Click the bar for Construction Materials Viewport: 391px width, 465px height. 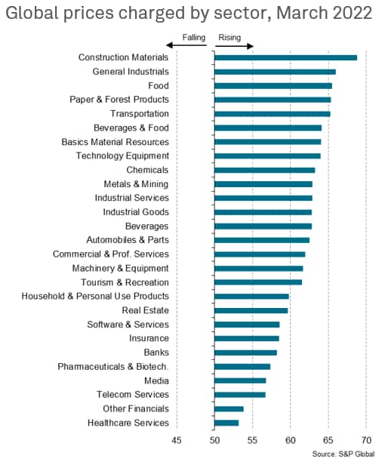pyautogui.click(x=286, y=57)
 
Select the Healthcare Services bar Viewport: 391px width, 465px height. pyautogui.click(x=226, y=423)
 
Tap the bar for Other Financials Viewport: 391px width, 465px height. pyautogui.click(x=229, y=409)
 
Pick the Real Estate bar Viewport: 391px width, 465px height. pyautogui.click(x=251, y=310)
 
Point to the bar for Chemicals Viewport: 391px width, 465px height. pyautogui.click(x=265, y=171)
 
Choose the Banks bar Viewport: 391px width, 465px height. pyautogui.click(x=246, y=353)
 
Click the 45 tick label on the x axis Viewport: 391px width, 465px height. pyautogui.click(x=177, y=440)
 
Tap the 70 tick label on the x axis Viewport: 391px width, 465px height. pyautogui.click(x=366, y=440)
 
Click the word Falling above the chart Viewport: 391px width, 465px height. pyautogui.click(x=194, y=38)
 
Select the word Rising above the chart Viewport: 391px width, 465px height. pyautogui.click(x=229, y=38)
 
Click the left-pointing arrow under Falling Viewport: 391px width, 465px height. pyautogui.click(x=186, y=45)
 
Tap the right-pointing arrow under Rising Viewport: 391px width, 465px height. pyautogui.click(x=234, y=46)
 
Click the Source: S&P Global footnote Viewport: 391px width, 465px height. pyautogui.click(x=343, y=454)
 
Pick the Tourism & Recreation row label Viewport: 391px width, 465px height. pyautogui.click(x=125, y=282)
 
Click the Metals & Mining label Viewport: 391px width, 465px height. pyautogui.click(x=136, y=184)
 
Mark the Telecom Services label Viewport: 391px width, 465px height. pyautogui.click(x=133, y=395)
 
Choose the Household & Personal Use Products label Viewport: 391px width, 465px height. pyautogui.click(x=95, y=296)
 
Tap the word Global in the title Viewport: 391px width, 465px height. pyautogui.click(x=32, y=13)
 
